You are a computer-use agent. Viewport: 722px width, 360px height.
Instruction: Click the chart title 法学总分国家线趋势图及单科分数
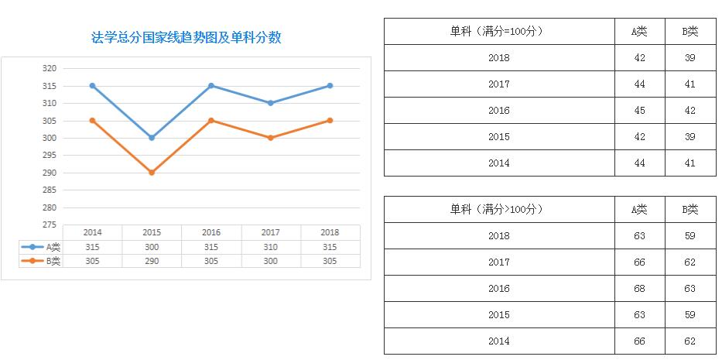point(186,37)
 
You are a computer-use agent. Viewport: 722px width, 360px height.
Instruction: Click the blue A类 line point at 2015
point(152,138)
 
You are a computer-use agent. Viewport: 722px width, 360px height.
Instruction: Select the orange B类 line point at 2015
point(152,173)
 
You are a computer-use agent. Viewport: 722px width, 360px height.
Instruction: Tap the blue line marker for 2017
point(270,103)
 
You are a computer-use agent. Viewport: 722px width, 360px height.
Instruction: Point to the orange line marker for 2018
point(330,121)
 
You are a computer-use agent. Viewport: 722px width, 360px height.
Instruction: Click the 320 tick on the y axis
point(49,68)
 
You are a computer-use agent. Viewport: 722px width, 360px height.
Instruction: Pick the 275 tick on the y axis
point(49,225)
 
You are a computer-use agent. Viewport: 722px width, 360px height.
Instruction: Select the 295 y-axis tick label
point(49,156)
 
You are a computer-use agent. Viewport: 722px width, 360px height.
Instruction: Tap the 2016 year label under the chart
point(211,232)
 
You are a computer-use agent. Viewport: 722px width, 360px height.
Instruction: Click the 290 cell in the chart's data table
point(152,262)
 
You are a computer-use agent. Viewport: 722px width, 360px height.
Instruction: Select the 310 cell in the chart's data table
point(270,246)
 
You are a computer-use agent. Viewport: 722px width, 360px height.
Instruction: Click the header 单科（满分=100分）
point(498,31)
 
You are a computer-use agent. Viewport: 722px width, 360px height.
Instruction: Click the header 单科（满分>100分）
point(498,209)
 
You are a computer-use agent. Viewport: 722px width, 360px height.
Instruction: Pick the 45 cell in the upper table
point(639,111)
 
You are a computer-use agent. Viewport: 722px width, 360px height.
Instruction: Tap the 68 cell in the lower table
point(639,289)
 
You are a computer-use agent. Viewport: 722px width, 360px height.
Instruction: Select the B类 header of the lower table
point(689,209)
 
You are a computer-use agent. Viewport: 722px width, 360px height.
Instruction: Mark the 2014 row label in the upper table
point(499,163)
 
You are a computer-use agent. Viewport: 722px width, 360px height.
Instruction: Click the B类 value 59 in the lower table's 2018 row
point(689,236)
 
